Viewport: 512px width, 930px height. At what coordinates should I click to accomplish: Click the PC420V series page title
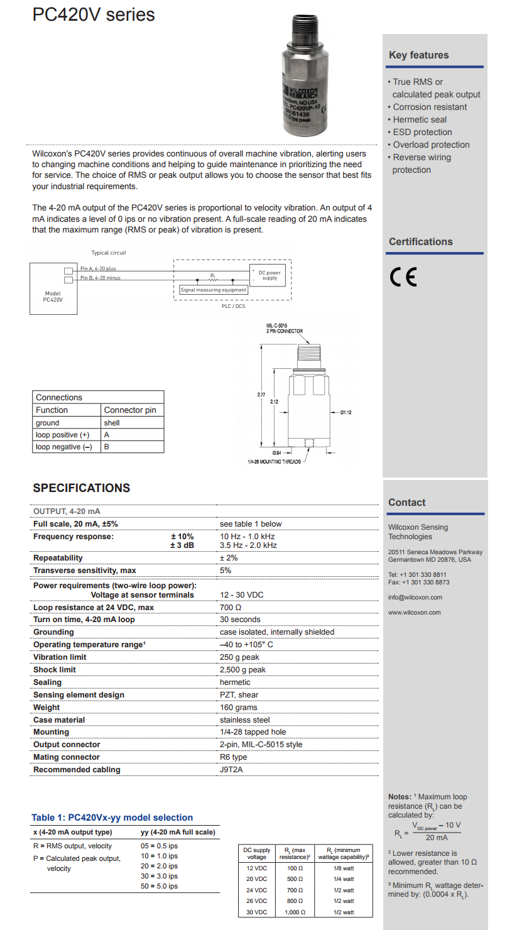[x=94, y=14]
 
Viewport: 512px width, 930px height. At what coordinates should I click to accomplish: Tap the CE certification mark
[x=403, y=277]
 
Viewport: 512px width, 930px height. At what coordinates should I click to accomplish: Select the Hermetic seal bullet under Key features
[x=420, y=119]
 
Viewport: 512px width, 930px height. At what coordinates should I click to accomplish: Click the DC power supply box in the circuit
[x=269, y=275]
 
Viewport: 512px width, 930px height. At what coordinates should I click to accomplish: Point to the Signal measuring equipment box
[x=214, y=290]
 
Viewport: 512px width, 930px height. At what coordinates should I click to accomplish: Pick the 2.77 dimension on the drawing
[x=261, y=394]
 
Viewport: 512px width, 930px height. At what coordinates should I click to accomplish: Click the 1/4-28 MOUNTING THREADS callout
[x=274, y=462]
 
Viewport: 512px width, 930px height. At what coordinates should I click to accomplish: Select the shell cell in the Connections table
[x=112, y=423]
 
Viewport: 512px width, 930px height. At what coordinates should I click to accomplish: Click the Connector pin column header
[x=130, y=410]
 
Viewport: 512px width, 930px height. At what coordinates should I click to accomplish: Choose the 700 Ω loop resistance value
[x=231, y=608]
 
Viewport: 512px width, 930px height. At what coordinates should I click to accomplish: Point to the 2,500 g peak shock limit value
[x=242, y=670]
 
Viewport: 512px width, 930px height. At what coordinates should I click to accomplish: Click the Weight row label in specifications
[x=47, y=708]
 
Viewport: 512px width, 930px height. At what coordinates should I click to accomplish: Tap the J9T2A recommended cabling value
[x=232, y=770]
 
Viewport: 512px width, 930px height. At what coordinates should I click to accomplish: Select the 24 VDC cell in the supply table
[x=256, y=890]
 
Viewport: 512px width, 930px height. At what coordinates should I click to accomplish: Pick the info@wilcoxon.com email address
[x=415, y=598]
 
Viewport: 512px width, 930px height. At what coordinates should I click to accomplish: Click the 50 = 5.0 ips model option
[x=159, y=886]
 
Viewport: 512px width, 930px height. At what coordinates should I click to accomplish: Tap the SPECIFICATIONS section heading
[x=82, y=488]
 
